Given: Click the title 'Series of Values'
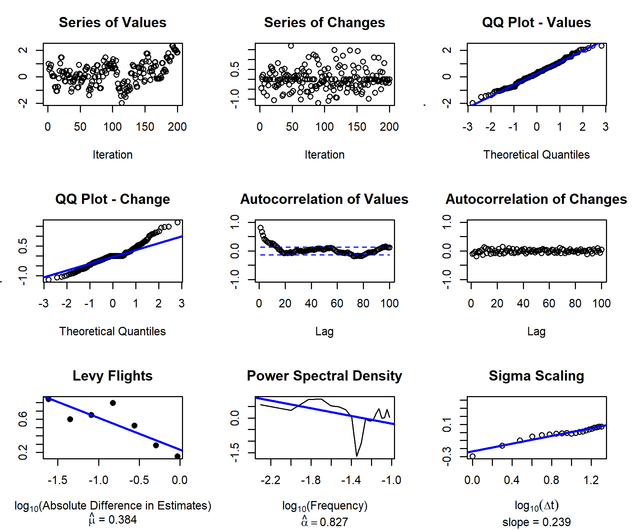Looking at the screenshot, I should (112, 23).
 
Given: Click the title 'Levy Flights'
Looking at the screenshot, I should (112, 376).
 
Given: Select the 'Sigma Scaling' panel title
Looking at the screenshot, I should (536, 376).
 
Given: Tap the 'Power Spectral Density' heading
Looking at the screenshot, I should (324, 376).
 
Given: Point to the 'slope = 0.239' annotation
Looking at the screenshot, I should (536, 522).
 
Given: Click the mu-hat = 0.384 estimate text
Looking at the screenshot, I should (112, 519).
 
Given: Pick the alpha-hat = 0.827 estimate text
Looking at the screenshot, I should (324, 522).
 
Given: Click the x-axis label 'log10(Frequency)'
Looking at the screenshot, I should (324, 506).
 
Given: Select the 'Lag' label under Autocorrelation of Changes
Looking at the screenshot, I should (536, 331).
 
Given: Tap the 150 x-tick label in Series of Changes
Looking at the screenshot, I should (357, 126).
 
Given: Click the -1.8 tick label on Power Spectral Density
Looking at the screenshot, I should (311, 480).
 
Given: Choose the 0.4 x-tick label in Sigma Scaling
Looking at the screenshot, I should (512, 480).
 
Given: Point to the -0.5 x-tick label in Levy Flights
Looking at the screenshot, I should (139, 480).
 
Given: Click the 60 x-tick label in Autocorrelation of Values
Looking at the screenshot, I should (337, 303).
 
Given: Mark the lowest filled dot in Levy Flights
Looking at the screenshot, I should (177, 456).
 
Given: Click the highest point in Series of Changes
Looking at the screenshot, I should (291, 46).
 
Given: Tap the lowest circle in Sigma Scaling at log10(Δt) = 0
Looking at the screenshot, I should (472, 456).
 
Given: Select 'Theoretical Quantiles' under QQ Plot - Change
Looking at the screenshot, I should (112, 331).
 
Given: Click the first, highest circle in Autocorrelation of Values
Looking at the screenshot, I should (260, 228).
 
